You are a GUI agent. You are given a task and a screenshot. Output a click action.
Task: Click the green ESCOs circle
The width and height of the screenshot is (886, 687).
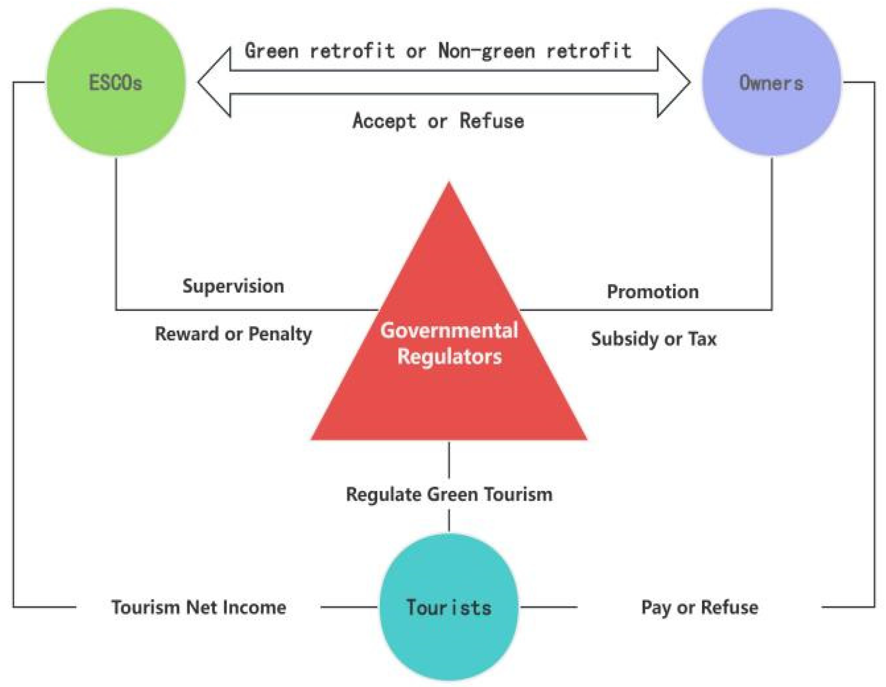click(116, 82)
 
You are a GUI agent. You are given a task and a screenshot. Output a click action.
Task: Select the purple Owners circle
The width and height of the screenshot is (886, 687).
click(771, 82)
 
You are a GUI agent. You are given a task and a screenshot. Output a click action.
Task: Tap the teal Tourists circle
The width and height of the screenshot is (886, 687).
click(449, 607)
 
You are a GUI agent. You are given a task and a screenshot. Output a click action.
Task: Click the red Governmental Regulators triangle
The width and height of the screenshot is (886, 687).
click(449, 389)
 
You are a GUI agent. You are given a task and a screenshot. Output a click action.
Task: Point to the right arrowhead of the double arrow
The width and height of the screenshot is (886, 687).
click(673, 82)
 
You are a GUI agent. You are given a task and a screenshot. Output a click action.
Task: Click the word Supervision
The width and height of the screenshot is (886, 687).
click(233, 286)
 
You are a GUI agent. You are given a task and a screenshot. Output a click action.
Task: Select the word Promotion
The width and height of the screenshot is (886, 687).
click(653, 292)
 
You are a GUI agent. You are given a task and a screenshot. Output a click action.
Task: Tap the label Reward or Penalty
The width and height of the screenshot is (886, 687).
click(233, 334)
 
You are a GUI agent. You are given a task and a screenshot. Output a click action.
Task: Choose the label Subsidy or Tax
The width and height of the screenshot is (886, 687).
click(654, 339)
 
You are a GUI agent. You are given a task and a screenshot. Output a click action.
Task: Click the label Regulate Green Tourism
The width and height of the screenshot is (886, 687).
click(449, 494)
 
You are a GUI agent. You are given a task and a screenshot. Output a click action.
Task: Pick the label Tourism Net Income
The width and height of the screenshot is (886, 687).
click(199, 607)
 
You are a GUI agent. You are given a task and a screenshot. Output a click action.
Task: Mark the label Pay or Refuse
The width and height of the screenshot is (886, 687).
click(699, 607)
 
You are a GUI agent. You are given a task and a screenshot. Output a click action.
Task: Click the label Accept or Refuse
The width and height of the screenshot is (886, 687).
click(438, 121)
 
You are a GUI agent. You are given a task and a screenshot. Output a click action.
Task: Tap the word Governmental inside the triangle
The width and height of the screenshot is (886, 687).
click(449, 330)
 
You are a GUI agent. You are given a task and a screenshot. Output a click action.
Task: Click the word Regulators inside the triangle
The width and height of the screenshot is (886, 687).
click(449, 356)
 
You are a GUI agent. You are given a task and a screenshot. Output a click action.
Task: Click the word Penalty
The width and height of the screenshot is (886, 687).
click(280, 334)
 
